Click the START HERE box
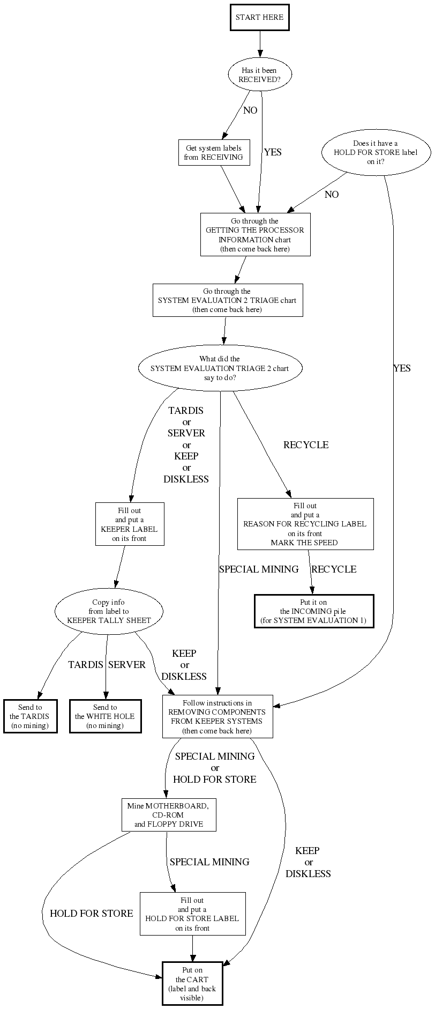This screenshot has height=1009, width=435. [x=259, y=17]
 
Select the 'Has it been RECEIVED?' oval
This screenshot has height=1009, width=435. [x=260, y=75]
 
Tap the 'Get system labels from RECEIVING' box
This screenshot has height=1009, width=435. [x=214, y=153]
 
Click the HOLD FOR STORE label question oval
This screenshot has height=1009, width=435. [x=376, y=152]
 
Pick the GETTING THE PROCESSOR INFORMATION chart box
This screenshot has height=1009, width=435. [x=255, y=235]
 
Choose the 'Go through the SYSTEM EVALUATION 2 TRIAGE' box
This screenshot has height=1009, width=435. [x=227, y=300]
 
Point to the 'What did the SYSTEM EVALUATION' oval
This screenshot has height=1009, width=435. [x=220, y=368]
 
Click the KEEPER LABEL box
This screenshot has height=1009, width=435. [x=130, y=524]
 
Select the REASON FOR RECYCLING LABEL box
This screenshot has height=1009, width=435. [x=305, y=524]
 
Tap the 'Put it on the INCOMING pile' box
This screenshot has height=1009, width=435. [x=313, y=611]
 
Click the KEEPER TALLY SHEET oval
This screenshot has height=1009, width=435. [x=109, y=611]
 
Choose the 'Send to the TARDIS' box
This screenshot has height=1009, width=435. [x=30, y=716]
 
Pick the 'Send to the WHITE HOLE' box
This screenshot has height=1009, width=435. [x=105, y=716]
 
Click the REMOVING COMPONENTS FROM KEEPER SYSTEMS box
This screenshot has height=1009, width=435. [x=217, y=716]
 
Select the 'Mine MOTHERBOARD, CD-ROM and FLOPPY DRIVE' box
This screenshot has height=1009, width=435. [x=169, y=815]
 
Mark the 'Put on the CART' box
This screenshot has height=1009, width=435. [x=192, y=983]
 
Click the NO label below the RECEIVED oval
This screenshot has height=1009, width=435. [x=250, y=110]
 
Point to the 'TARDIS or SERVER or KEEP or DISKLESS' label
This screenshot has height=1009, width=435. [x=186, y=445]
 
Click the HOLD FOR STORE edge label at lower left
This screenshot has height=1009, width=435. [x=91, y=914]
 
